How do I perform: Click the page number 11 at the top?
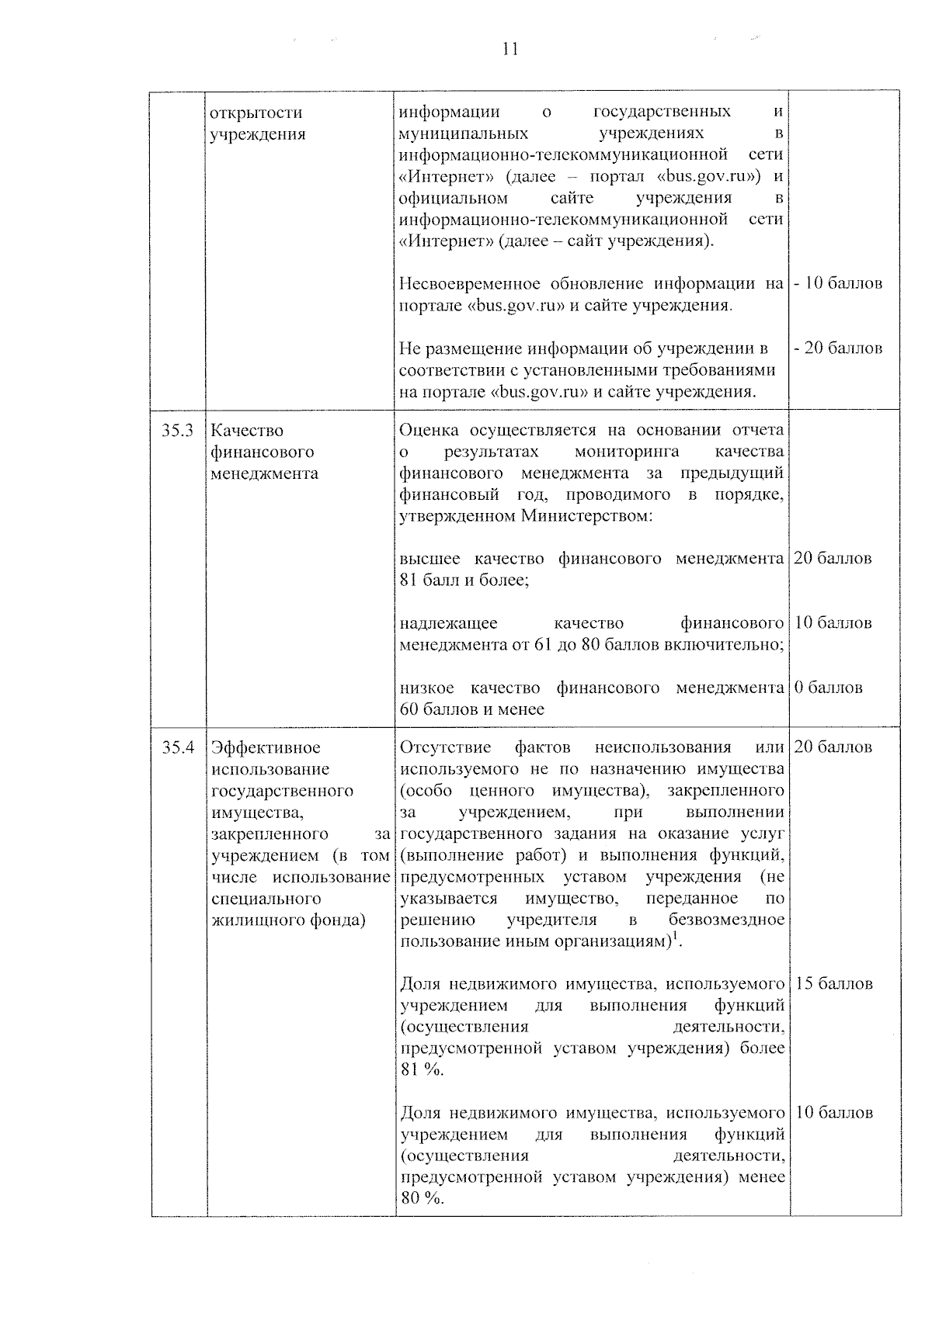510,50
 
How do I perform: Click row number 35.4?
178,748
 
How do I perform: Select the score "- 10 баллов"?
838,283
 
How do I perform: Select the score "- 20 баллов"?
838,348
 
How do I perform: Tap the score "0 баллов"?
828,688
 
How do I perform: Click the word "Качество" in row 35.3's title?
247,431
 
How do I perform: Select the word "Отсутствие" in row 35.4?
445,748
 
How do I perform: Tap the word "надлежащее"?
448,624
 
